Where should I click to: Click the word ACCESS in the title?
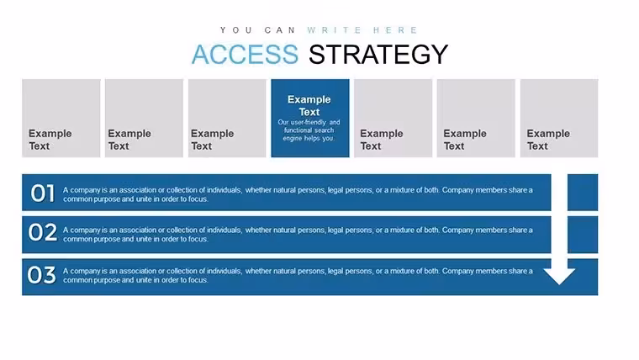point(245,54)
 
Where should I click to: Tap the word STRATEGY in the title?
point(378,54)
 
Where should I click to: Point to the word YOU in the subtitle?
point(236,30)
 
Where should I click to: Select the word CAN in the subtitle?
point(280,30)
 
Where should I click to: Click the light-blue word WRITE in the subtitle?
point(335,30)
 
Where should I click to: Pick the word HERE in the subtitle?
point(395,30)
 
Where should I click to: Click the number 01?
point(42,193)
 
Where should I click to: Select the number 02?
point(42,232)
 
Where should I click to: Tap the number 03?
point(41,275)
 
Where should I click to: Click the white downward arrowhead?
point(559,276)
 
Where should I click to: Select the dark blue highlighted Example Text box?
point(310,119)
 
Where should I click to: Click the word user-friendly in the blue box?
point(308,122)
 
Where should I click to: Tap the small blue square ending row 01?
point(583,193)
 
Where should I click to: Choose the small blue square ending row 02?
point(583,235)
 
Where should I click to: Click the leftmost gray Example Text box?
point(61,119)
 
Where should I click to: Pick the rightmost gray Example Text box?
point(559,119)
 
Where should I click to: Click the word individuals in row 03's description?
point(224,271)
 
